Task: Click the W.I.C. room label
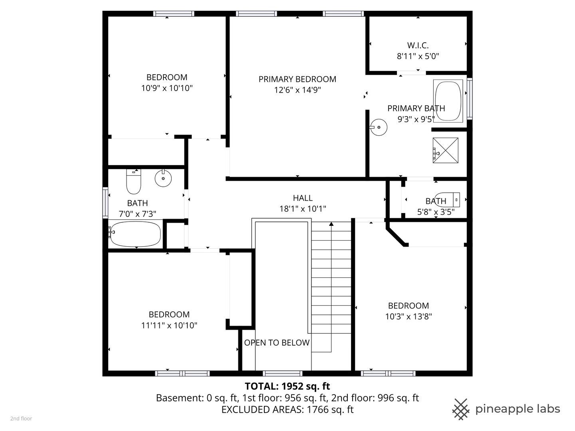click(418, 45)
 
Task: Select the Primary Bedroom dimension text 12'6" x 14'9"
click(297, 90)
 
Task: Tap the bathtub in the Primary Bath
click(448, 101)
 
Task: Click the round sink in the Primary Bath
click(379, 127)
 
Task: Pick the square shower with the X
click(445, 150)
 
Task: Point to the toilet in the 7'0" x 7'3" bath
click(134, 181)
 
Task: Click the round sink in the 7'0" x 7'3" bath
click(163, 178)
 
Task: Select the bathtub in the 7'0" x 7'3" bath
click(135, 234)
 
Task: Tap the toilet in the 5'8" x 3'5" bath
click(447, 200)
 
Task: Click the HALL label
click(303, 198)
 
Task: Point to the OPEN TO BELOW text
click(277, 342)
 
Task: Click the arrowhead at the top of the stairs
click(331, 224)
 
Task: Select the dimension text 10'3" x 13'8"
click(408, 316)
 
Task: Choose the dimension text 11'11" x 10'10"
click(169, 325)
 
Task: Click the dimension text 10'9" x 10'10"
click(167, 88)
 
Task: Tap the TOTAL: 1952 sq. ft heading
click(287, 386)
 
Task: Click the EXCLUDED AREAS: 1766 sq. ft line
click(287, 409)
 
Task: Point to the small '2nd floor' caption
click(21, 419)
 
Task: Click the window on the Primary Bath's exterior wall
click(470, 99)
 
